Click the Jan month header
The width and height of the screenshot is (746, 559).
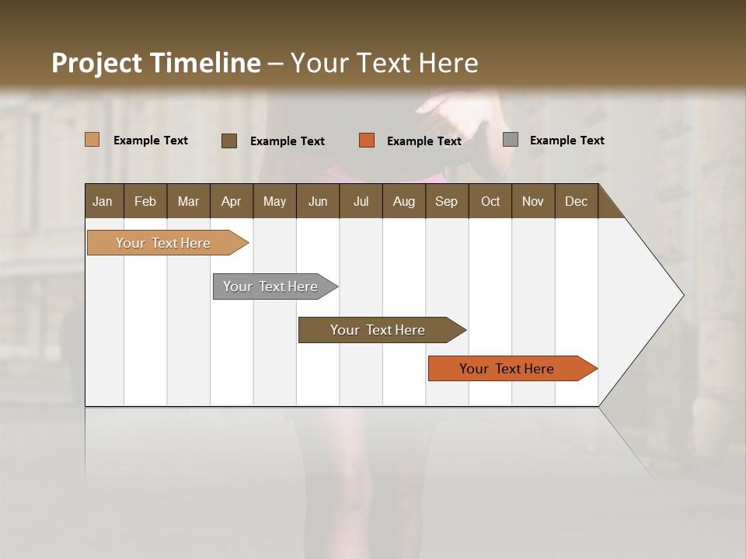tap(103, 201)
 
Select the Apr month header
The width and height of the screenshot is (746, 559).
tap(231, 201)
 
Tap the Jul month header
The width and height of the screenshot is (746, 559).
tap(361, 201)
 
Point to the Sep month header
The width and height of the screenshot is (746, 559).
tap(446, 201)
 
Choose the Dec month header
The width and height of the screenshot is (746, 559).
tap(576, 201)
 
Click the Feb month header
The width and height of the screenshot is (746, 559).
tap(145, 201)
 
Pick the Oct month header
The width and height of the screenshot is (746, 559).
tap(490, 201)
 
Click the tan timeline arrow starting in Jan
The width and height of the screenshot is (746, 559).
tap(163, 243)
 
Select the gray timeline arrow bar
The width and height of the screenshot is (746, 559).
tap(270, 286)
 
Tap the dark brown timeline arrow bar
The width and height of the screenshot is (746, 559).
tap(378, 330)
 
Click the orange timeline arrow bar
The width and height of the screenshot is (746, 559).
tap(507, 369)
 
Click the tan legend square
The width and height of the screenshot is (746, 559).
tap(92, 140)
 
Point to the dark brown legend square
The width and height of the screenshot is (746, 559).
tap(229, 141)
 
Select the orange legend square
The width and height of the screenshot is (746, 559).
tap(367, 141)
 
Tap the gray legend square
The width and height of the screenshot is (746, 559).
tap(511, 140)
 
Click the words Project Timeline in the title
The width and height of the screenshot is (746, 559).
tap(155, 63)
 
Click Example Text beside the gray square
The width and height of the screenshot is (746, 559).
tap(566, 141)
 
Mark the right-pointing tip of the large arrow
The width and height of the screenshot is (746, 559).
tap(682, 295)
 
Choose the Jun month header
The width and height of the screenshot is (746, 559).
tap(318, 201)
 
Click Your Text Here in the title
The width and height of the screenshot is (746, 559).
tap(384, 63)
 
